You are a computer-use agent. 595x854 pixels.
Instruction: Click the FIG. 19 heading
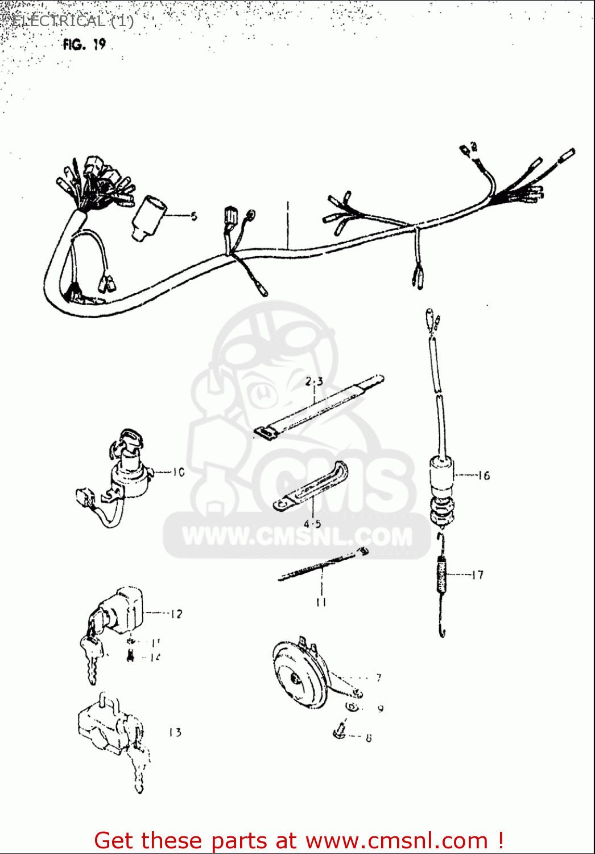84,44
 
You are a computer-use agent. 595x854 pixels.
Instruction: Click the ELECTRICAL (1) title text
72,22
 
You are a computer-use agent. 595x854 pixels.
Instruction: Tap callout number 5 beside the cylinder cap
194,216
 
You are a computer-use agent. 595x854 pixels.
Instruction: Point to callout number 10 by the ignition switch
179,472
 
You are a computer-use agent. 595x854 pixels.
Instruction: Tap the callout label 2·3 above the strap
314,381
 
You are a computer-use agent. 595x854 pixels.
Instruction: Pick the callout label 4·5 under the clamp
312,524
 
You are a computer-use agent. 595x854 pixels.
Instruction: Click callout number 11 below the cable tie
321,602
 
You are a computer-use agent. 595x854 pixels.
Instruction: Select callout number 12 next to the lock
176,614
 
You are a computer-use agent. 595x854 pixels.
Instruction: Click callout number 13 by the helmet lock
175,732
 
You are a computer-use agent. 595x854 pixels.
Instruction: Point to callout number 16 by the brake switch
484,475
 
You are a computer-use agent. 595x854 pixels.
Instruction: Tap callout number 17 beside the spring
478,575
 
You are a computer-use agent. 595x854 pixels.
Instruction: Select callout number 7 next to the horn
379,678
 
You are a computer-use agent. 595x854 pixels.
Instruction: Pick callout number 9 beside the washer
381,708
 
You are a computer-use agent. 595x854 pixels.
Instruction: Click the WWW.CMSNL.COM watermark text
297,536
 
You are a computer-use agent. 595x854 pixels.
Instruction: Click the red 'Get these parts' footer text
298,840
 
